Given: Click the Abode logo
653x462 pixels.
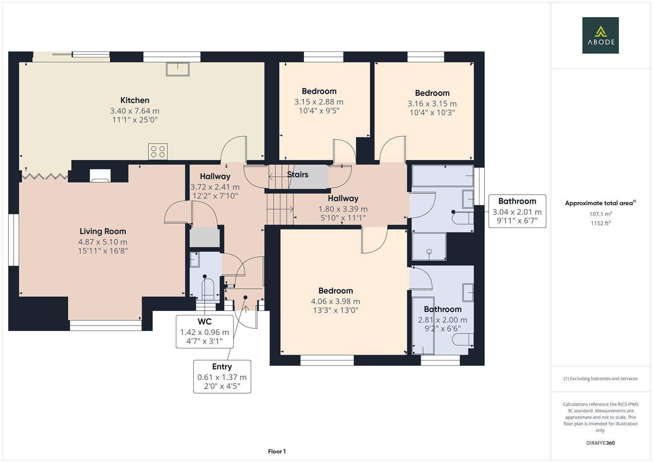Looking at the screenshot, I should tap(600, 35).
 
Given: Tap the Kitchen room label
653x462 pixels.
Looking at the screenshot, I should tap(135, 101).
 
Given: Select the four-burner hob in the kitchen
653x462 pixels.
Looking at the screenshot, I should tap(158, 151).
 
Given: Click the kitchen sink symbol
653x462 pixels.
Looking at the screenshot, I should tap(177, 69).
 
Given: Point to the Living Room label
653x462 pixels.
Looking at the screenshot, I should tap(103, 231).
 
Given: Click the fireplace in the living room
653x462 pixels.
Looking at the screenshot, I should tap(100, 175).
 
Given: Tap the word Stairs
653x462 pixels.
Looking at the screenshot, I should tap(298, 175).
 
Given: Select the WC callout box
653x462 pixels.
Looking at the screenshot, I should tap(204, 332).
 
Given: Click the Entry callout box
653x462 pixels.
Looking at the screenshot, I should tap(222, 376).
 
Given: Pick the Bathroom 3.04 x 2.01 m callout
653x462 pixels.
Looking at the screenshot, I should tap(517, 211).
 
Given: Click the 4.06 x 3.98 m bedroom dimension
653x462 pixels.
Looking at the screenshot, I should tap(335, 301).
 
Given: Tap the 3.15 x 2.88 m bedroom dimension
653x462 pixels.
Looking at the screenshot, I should tap(319, 102).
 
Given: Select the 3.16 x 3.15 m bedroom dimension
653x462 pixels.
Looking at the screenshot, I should tap(432, 104).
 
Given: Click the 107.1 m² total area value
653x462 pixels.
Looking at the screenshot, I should tap(600, 214).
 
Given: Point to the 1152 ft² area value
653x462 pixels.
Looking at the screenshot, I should tap(600, 223).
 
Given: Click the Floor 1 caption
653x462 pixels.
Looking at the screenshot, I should tap(277, 451).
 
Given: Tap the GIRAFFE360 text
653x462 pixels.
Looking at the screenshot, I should tap(600, 443).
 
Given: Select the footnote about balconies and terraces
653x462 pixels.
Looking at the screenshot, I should tap(600, 379).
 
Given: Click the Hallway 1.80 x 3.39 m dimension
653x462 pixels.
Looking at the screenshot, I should tap(343, 209).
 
